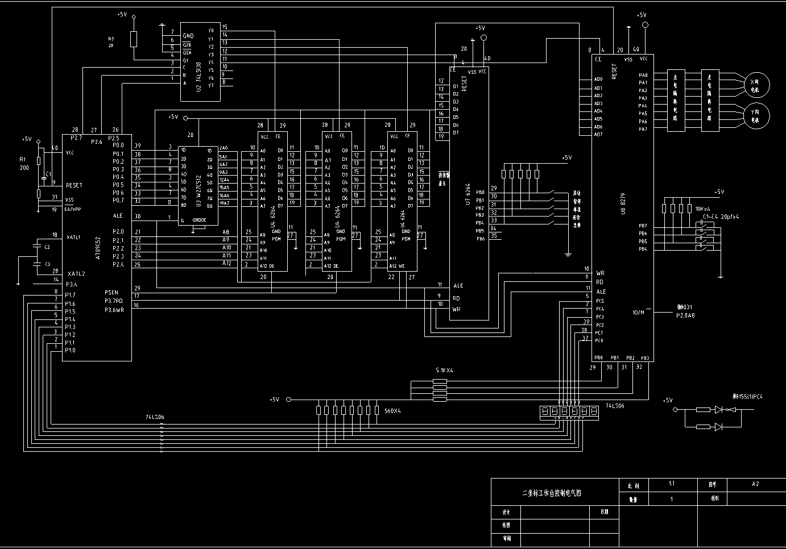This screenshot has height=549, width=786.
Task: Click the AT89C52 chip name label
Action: (x=98, y=248)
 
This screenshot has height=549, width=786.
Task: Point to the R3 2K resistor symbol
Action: (x=134, y=39)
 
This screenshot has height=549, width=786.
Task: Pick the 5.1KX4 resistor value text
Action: (x=444, y=371)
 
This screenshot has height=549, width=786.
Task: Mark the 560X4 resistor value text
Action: (x=392, y=410)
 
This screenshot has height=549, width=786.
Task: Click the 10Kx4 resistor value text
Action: (x=702, y=209)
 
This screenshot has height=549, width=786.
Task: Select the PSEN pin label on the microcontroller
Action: (x=111, y=293)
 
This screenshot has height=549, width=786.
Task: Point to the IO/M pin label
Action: (x=639, y=312)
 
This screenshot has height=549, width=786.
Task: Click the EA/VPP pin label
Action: (x=73, y=209)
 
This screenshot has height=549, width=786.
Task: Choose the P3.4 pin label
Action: (x=71, y=284)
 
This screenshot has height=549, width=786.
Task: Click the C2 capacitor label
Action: (x=47, y=247)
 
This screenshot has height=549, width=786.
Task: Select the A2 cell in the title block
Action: (x=755, y=484)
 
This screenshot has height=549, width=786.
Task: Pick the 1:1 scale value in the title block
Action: (x=672, y=484)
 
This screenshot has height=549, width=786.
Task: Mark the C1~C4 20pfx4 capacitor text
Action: (x=721, y=217)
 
